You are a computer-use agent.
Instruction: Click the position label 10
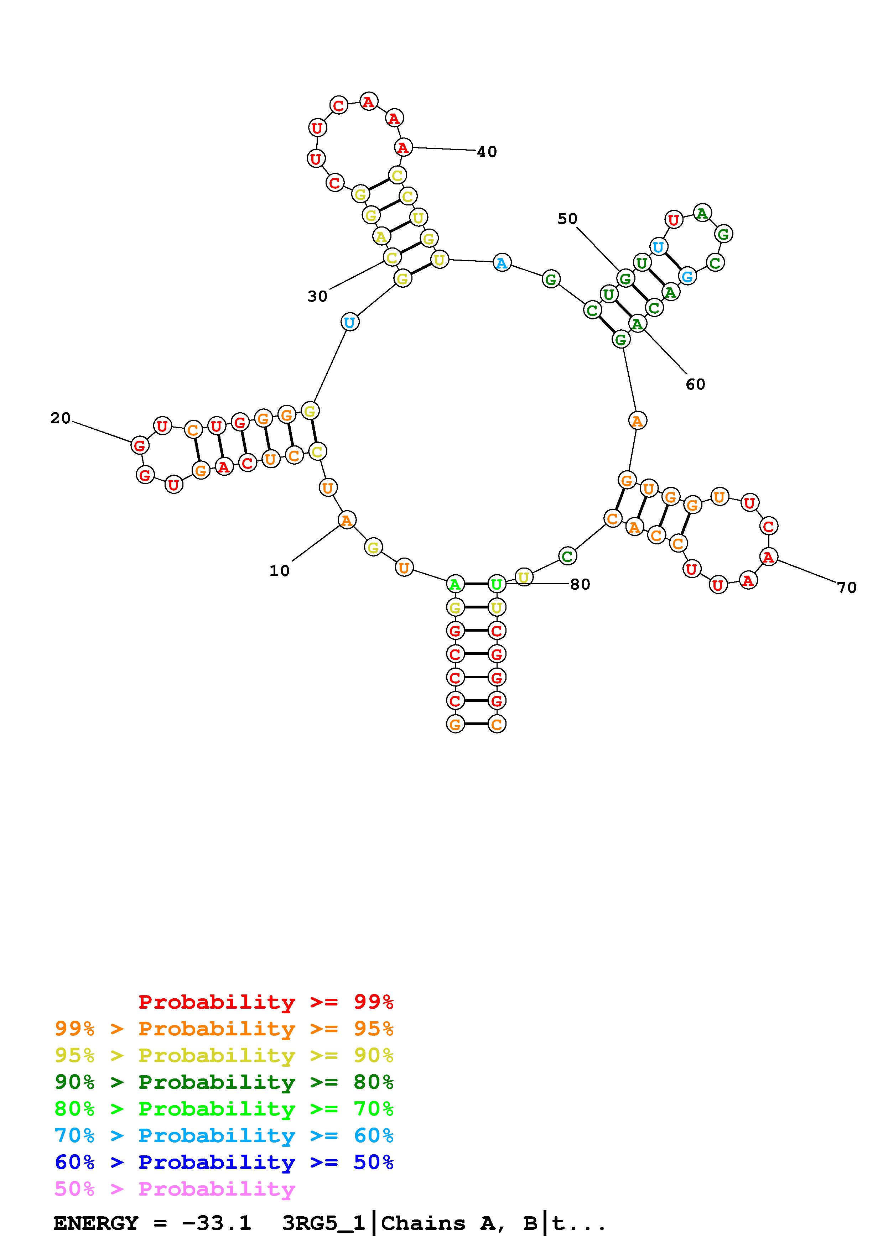[x=280, y=571]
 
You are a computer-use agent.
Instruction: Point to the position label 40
[x=487, y=152]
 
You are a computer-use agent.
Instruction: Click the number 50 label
[x=567, y=219]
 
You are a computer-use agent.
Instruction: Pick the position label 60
[x=695, y=385]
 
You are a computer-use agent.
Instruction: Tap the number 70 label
[x=847, y=587]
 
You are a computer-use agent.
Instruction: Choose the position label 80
[x=580, y=584]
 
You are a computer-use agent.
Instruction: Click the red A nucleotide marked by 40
[x=402, y=147]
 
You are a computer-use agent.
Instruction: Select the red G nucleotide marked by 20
[x=140, y=445]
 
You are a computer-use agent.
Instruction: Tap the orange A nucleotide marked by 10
[x=346, y=521]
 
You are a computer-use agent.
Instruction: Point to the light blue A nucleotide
[x=502, y=263]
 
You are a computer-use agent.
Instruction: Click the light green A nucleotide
[x=455, y=585]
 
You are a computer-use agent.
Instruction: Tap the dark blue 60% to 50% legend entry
[x=224, y=1162]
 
